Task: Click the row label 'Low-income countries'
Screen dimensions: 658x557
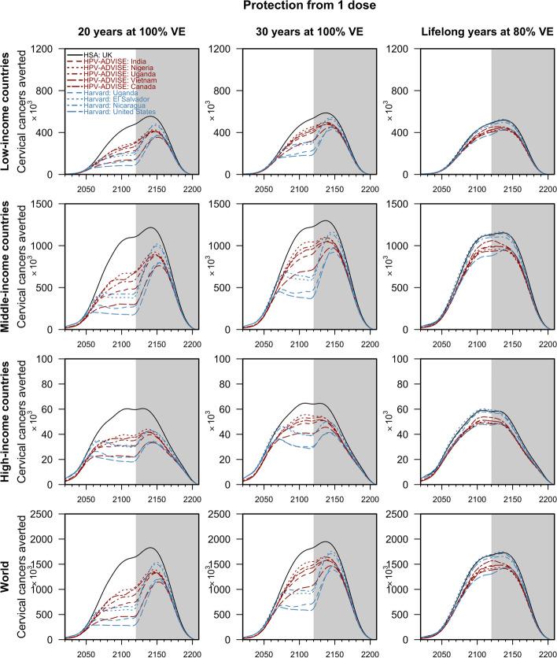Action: (9, 111)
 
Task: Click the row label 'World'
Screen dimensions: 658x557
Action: (9, 576)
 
